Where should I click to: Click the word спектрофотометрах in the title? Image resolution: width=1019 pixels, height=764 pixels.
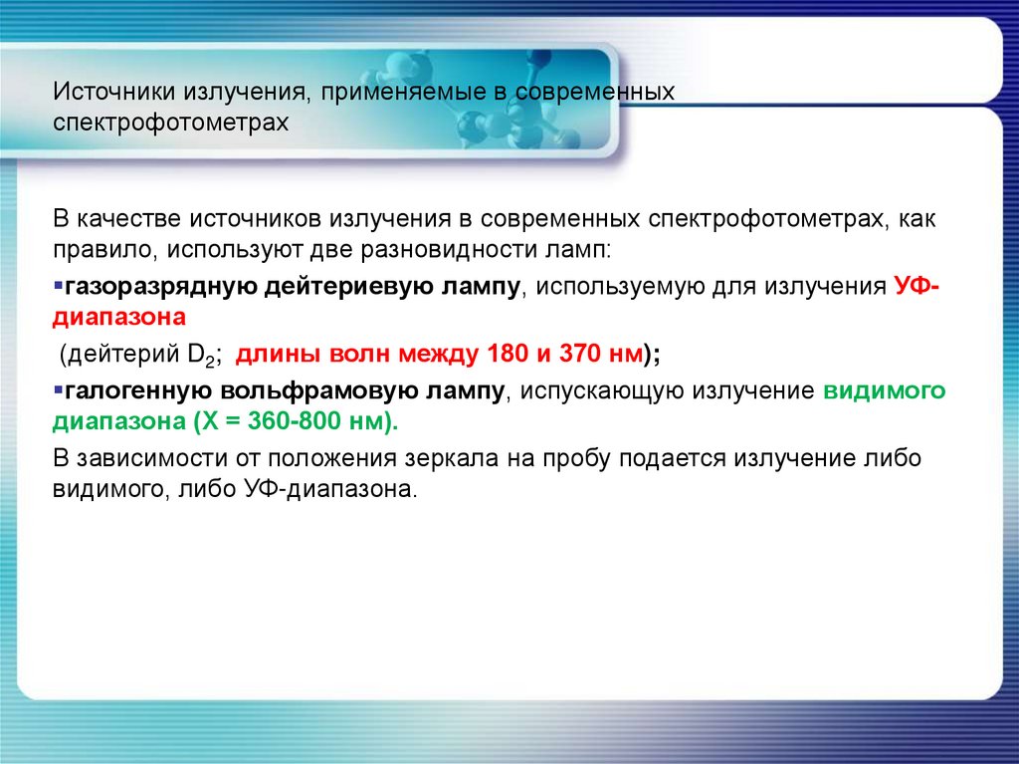171,124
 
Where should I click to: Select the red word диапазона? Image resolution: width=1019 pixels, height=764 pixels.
118,318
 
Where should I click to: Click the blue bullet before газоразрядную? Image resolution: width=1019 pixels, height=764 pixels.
58,286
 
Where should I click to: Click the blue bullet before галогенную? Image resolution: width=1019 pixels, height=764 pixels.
58,388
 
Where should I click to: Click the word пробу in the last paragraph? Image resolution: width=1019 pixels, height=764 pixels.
578,458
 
